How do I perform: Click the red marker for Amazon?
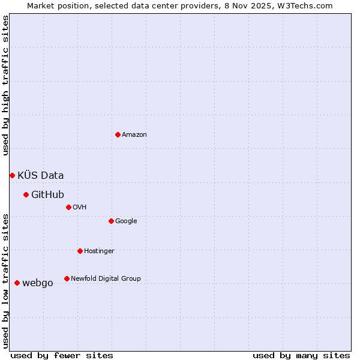point(118,134)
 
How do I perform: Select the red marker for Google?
point(111,221)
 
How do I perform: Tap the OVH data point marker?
point(68,207)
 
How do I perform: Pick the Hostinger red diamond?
point(80,251)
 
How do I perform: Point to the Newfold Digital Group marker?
point(67,278)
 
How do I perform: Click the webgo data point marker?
point(17,283)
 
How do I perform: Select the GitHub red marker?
point(26,194)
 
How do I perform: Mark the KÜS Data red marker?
point(12,175)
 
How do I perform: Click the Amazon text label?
point(134,135)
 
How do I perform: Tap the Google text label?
point(126,221)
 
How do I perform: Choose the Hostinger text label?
point(99,251)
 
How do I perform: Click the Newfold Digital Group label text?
point(106,279)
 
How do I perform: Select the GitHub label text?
point(47,195)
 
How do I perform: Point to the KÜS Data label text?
point(40,176)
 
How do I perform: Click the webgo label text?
point(37,283)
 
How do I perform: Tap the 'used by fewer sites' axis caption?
point(62,356)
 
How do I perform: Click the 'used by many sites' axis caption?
point(301,356)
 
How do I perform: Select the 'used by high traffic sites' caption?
point(6,85)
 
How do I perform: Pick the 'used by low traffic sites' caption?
point(6,280)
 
